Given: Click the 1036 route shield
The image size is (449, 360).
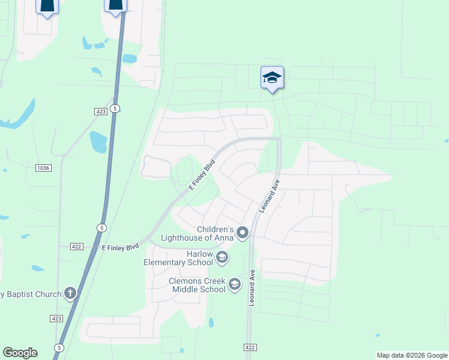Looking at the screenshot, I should click(x=43, y=167).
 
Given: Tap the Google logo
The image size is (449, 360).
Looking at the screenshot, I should click(x=20, y=353).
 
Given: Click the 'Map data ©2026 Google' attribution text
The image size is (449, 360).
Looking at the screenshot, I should click(x=412, y=355).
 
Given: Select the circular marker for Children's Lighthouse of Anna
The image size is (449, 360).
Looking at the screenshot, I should click(x=243, y=232).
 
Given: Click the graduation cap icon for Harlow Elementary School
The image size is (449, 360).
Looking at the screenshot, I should click(x=222, y=258).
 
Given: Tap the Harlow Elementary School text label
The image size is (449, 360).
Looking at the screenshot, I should click(x=178, y=258).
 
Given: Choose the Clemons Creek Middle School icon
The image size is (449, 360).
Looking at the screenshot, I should click(x=235, y=284).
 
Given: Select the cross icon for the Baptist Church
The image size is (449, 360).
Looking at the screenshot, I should click(x=70, y=293).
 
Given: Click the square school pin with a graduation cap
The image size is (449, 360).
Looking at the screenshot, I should click(x=272, y=78).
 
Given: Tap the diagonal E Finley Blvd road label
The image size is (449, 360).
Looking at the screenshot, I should click(x=202, y=175).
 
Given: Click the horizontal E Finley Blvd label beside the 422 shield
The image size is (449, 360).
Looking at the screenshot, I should click(x=120, y=247).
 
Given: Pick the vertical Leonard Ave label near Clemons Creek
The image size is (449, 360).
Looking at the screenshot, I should click(x=252, y=288).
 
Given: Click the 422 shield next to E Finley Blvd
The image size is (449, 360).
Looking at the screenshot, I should click(x=76, y=247).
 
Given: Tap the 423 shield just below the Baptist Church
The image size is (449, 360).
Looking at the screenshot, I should click(x=57, y=319).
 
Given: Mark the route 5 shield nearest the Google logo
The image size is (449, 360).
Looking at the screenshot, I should click(x=59, y=347).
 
